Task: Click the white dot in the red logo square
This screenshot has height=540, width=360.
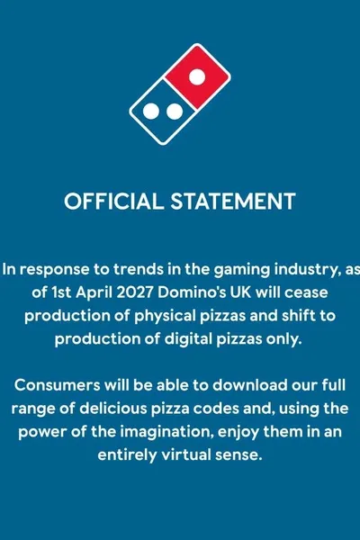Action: [x=197, y=76]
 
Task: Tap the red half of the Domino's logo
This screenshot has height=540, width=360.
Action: [x=197, y=76]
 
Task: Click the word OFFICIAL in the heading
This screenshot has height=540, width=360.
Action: [x=113, y=201]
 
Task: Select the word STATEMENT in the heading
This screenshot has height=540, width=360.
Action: [x=233, y=201]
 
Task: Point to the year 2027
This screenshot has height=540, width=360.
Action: [x=135, y=292]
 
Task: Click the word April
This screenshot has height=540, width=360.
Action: [x=94, y=293]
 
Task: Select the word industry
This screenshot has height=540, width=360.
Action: [x=306, y=270]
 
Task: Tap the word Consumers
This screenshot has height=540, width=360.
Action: [x=58, y=385]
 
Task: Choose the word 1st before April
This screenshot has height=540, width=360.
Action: [x=61, y=292]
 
